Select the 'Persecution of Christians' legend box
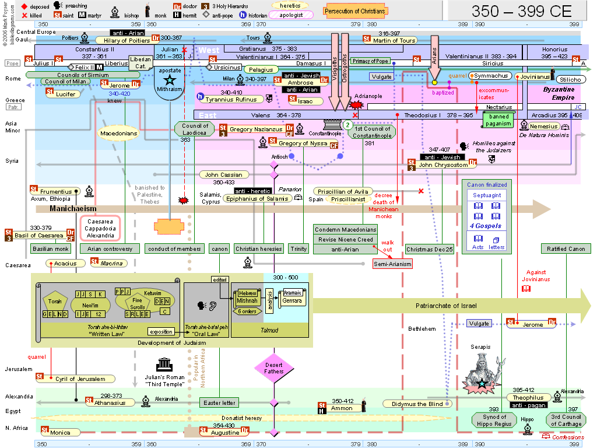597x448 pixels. (355, 11)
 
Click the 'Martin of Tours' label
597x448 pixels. (394, 40)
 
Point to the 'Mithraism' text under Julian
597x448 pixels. (170, 90)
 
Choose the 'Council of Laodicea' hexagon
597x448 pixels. (195, 129)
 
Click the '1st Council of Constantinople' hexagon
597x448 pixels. (374, 132)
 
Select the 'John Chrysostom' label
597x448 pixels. (443, 165)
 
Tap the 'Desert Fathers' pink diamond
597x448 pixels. (273, 367)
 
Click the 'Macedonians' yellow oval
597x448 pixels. (118, 134)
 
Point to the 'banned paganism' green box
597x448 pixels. (499, 120)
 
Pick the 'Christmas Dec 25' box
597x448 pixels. (430, 249)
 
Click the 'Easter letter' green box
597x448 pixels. (219, 402)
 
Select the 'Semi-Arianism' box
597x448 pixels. (392, 264)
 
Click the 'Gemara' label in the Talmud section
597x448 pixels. (292, 300)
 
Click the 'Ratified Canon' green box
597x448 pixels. (566, 249)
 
